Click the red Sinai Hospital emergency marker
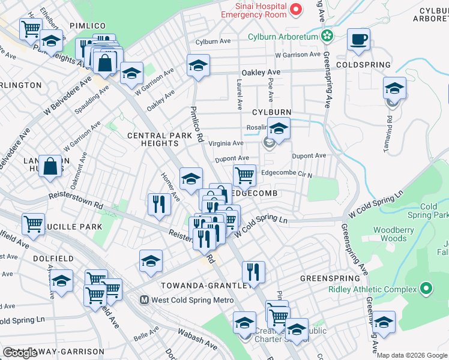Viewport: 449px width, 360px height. coord(295,9)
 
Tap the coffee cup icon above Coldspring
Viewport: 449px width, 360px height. coord(359,40)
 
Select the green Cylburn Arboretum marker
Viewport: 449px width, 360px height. coord(327,37)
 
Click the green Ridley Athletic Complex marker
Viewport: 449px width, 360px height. coord(426,289)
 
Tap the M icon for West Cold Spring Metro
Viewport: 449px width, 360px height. coord(144,299)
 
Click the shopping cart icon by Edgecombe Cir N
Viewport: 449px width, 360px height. coord(244,175)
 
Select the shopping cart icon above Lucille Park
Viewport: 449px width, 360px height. coord(33,224)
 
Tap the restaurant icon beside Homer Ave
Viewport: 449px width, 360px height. coord(159,204)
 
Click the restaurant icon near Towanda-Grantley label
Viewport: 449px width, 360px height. coord(253,271)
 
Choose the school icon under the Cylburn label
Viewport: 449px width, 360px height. coord(279,128)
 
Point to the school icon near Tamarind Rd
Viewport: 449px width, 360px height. coord(394,88)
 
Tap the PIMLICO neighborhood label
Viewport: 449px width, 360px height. coord(88,26)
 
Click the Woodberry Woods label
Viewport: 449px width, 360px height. coord(390,234)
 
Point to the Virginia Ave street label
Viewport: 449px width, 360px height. coord(226,143)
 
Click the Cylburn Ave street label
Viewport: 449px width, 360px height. coord(213,41)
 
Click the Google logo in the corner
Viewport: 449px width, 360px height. coord(20,353)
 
